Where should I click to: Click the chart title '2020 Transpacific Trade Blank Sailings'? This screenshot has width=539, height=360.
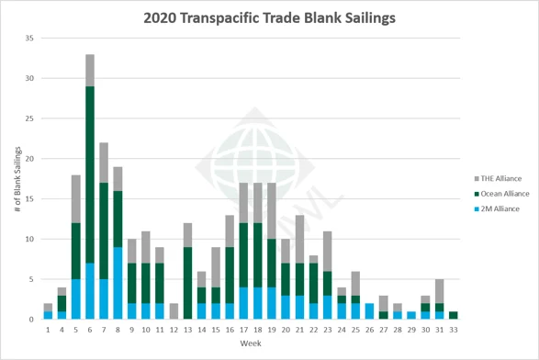click(269, 17)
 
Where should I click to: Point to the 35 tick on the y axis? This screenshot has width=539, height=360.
click(29, 39)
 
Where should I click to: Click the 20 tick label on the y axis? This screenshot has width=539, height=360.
click(29, 159)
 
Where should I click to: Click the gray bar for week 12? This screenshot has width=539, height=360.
click(173, 311)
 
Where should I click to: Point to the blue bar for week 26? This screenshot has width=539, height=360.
click(369, 311)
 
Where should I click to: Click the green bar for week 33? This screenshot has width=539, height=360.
click(454, 315)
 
